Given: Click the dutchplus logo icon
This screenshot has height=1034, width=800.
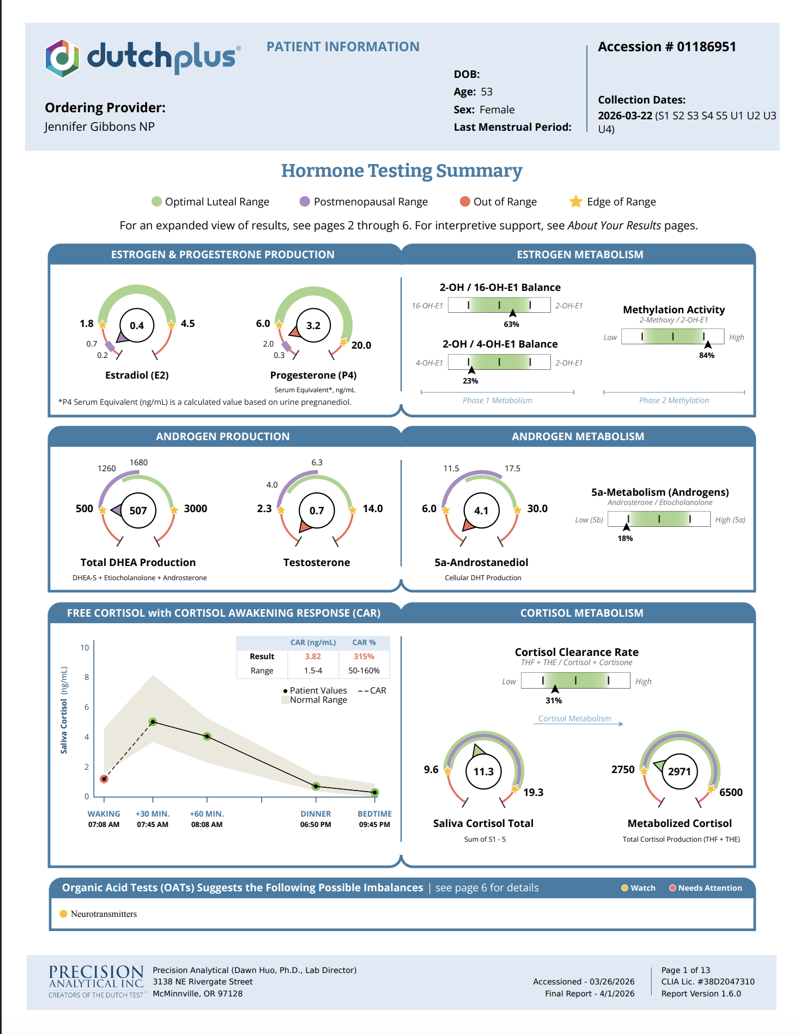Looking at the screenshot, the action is [x=62, y=58].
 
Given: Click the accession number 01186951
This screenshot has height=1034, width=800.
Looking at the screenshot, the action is [x=706, y=47].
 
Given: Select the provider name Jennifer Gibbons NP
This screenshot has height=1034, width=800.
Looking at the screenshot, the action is [x=100, y=127].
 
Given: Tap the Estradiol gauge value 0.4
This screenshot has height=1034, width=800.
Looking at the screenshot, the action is [x=137, y=326].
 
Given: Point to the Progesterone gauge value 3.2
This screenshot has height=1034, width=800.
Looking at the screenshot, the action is [x=313, y=326].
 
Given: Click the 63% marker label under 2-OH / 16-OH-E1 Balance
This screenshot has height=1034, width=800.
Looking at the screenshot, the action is [x=511, y=324].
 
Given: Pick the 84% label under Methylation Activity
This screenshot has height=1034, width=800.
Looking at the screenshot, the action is [x=707, y=355].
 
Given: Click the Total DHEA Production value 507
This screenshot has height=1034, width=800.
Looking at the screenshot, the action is [x=138, y=510].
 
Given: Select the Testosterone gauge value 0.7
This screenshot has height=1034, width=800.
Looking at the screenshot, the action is [x=317, y=510].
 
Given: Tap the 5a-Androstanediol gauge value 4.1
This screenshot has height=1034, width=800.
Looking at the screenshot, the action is [x=481, y=510].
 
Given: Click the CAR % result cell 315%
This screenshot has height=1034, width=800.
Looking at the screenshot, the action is [x=364, y=656].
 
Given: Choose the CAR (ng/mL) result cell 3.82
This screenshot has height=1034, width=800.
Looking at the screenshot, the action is [x=313, y=656].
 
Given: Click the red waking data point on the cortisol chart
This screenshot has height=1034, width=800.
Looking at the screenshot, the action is [x=104, y=779].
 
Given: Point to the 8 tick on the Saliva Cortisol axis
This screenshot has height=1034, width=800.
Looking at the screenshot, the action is [x=87, y=677].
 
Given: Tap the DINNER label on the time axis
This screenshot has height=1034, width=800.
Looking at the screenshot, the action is [x=316, y=814].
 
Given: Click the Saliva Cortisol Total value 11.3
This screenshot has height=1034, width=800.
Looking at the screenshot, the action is [x=483, y=771].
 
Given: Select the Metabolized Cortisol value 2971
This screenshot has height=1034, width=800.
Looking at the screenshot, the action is [x=680, y=771].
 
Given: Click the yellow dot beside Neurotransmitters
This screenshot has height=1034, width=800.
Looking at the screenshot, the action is [x=63, y=914].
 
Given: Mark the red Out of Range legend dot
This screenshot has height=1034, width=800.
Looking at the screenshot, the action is [x=465, y=202].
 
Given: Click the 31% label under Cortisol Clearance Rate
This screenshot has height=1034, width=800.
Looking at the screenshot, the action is [x=554, y=701].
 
